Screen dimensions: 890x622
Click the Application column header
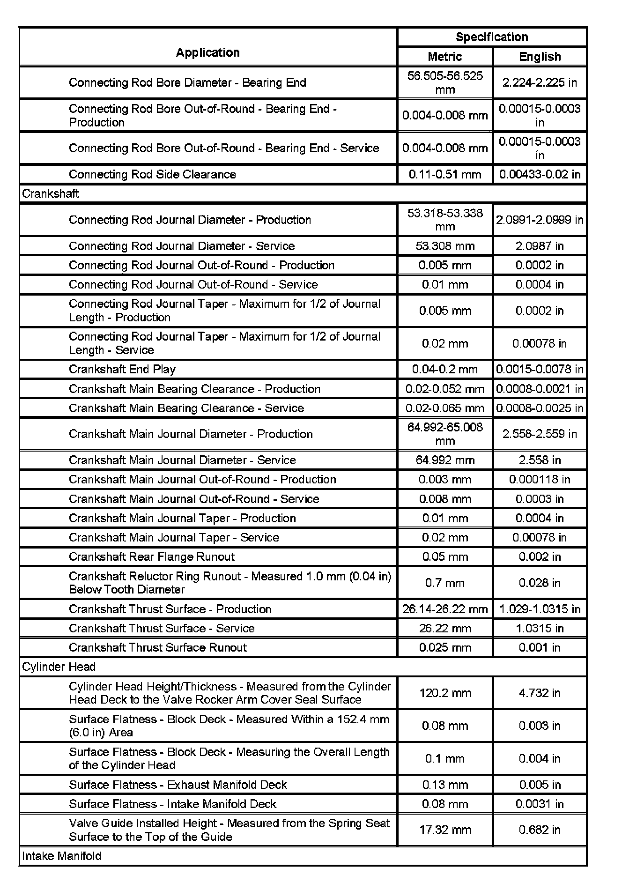207,52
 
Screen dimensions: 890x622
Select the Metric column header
444,57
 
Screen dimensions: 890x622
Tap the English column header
540,57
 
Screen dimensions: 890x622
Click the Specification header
491,37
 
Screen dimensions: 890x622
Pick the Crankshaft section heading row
51,194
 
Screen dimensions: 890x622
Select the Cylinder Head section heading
59,667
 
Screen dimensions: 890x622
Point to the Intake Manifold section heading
61,856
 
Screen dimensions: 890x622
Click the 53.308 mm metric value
444,246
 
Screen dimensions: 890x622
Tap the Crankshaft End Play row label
122,369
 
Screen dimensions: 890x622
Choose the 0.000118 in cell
540,479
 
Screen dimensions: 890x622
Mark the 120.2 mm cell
444,693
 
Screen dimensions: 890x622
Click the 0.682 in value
540,830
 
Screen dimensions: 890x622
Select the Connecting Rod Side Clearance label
152,174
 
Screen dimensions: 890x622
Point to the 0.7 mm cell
444,583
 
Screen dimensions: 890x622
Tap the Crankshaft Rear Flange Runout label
151,556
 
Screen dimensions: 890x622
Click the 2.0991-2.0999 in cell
540,220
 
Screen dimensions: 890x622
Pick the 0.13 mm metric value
444,785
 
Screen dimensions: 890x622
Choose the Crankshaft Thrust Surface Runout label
157,647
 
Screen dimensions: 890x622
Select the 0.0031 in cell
540,804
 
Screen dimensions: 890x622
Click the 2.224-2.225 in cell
540,82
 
